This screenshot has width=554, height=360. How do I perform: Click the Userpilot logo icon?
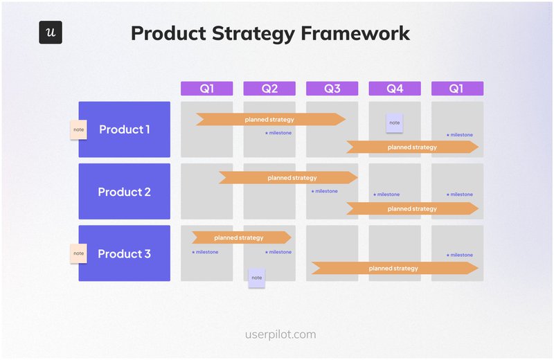51,33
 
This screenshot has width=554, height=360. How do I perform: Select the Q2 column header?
269,89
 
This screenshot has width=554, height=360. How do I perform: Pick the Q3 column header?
332,89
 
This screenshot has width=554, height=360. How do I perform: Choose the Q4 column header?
394,89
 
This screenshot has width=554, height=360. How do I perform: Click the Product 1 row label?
125,129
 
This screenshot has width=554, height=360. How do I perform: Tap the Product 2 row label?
125,192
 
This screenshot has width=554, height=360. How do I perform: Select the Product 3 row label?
125,253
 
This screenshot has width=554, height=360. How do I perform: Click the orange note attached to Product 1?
78,129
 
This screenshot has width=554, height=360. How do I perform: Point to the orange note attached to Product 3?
78,253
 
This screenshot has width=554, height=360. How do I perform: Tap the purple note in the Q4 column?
394,123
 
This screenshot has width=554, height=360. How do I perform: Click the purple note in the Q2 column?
257,278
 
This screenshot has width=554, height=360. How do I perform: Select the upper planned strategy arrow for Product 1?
270,120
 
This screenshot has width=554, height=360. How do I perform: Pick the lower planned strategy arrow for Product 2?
412,208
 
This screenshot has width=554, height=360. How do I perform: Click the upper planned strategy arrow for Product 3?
240,237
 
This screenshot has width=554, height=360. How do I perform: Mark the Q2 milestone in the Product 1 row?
278,133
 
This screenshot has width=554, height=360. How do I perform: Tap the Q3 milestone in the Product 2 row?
325,191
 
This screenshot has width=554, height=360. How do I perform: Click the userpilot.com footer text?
280,334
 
